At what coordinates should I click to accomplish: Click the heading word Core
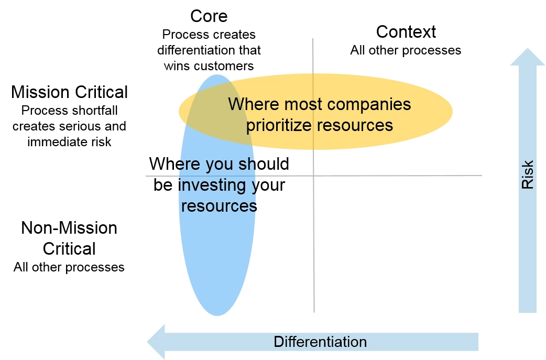click(209, 16)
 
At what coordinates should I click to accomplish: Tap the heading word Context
click(406, 31)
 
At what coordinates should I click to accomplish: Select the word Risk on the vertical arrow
click(527, 174)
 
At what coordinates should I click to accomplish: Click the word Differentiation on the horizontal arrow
click(320, 342)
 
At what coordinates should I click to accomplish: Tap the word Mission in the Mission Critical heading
click(40, 92)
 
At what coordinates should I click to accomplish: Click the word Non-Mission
click(69, 228)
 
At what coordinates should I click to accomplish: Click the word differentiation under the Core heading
click(195, 50)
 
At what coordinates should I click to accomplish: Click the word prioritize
click(279, 125)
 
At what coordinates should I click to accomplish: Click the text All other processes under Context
click(406, 50)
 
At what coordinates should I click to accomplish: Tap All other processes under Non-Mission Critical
click(69, 267)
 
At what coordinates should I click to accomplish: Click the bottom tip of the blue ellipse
click(217, 315)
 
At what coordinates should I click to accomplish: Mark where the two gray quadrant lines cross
click(313, 176)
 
